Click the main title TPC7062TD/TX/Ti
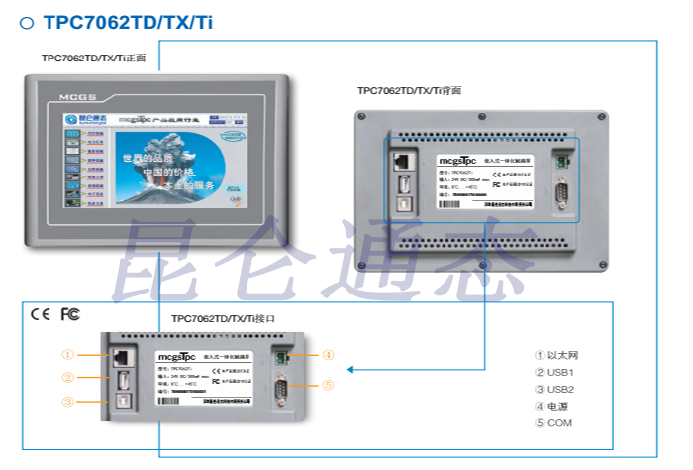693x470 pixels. click(128, 22)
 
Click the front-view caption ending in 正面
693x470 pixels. click(93, 59)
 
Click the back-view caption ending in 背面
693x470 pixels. click(409, 90)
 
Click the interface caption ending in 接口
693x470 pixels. click(223, 318)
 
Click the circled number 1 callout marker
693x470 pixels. click(68, 355)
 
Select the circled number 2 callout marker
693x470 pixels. click(68, 378)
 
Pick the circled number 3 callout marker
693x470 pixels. click(68, 402)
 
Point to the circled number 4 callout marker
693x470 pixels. click(328, 355)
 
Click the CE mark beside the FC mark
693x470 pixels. click(41, 314)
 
